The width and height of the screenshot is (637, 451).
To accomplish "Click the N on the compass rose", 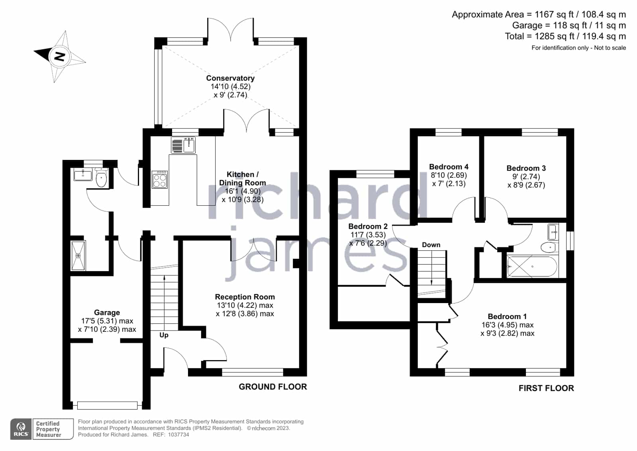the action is (59, 56).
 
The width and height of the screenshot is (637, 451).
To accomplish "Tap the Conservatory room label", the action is (230, 78).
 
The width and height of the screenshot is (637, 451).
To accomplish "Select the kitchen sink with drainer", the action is (183, 145).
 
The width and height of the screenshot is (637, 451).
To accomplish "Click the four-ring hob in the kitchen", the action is (159, 180).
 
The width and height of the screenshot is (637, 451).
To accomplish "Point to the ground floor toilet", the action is (101, 177).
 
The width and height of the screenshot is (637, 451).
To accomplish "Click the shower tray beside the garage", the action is (78, 256).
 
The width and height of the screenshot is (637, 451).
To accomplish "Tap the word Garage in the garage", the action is (107, 313).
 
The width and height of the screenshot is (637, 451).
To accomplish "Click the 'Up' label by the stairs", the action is (164, 335).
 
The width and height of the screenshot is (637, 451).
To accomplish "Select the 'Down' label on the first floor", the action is (431, 245).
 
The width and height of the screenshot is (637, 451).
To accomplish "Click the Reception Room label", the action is (245, 297).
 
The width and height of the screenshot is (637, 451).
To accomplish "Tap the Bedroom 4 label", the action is (449, 167).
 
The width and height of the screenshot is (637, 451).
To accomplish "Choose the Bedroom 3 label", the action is (526, 168).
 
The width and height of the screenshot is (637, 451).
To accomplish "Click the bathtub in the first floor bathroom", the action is (532, 266).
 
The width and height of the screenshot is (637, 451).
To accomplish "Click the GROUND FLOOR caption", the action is (273, 387).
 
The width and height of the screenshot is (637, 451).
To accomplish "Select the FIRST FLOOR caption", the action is (546, 388).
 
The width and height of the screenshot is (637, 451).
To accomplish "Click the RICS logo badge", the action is (21, 429).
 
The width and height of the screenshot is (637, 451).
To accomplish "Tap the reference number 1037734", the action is (178, 435).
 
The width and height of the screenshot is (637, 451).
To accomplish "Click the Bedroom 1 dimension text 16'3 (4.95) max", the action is (508, 325).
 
